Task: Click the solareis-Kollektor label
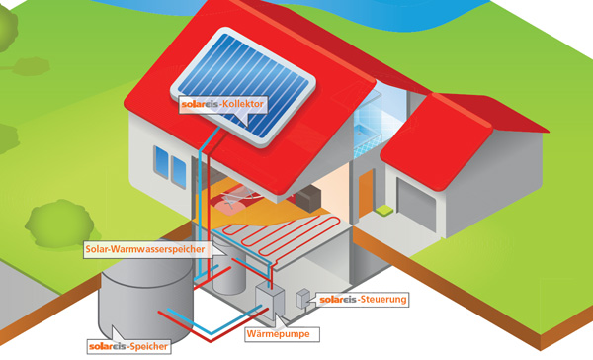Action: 222,104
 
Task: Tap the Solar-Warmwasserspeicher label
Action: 145,249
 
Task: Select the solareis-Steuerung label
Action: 363,299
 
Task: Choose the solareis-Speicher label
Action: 128,346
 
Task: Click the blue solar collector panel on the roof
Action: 243,86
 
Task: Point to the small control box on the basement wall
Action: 303,299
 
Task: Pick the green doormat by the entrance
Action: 383,210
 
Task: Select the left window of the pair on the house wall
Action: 161,161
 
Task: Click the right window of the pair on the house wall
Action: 179,172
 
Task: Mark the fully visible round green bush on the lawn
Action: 59,224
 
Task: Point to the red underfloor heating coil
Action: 282,234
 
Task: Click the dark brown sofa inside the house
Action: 307,198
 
